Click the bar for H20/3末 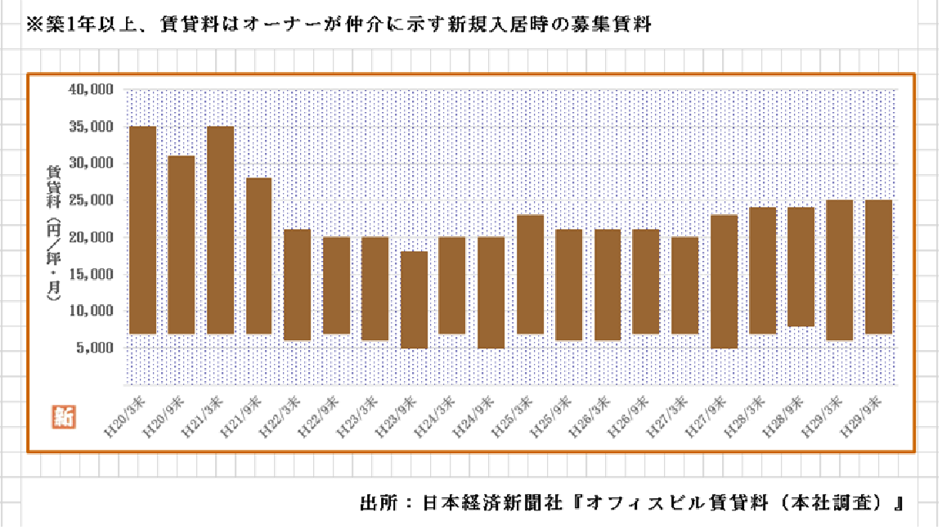(143, 230)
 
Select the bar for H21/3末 (220, 230)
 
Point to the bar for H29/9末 (878, 267)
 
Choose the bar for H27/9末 (724, 281)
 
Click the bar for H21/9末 (258, 255)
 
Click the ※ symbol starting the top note (34, 25)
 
